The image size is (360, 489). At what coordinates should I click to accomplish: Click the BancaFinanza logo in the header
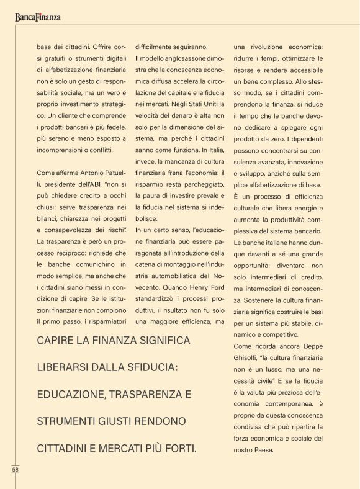(38, 17)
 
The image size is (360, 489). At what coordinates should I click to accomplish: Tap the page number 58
(16, 469)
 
